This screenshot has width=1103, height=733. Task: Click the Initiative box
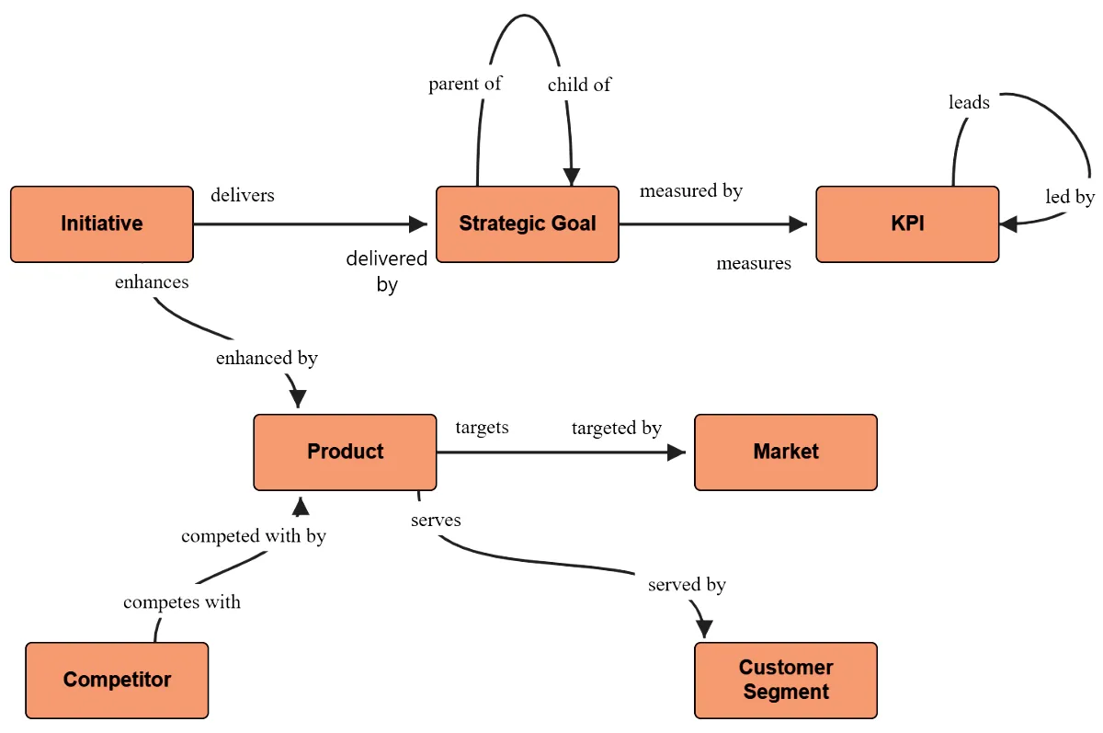point(102,224)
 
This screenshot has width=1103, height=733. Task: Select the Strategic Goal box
point(527,224)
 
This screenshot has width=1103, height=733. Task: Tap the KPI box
point(906,224)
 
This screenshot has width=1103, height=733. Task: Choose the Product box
point(345,452)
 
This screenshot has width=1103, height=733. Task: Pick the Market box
point(785,452)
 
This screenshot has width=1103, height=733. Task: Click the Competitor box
point(117,680)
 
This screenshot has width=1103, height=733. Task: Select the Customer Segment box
point(785,680)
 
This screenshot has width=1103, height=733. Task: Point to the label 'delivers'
point(243,195)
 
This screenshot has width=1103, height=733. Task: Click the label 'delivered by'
point(387,271)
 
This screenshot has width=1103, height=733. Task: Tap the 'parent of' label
point(465,84)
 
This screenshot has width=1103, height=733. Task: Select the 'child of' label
point(579,85)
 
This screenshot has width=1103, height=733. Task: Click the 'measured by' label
point(691,190)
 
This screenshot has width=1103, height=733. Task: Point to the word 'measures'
point(754,264)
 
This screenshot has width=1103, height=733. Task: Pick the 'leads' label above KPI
point(969,102)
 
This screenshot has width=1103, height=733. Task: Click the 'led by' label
point(1070,197)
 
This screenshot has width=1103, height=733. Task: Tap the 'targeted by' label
point(616,428)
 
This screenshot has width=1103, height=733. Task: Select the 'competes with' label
point(182,602)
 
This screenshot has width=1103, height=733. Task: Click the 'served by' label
point(687,584)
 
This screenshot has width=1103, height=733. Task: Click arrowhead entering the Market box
point(677,452)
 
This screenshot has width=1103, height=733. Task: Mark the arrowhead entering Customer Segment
point(704,629)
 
